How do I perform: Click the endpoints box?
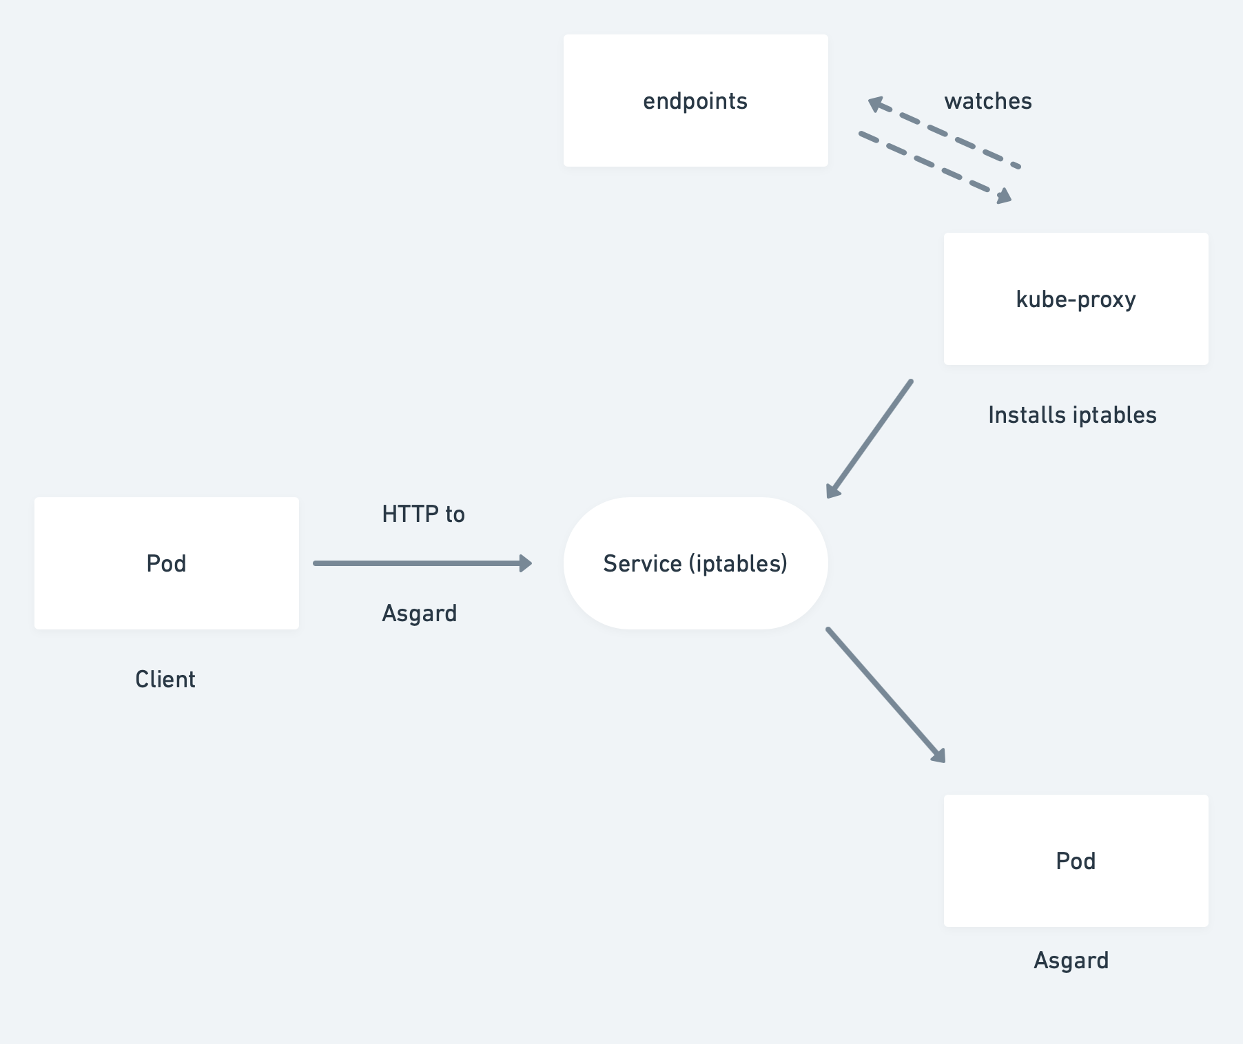[x=695, y=101]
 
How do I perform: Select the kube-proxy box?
[x=1076, y=299]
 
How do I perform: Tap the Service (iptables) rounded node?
[x=695, y=563]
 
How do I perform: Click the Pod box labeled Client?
[x=167, y=563]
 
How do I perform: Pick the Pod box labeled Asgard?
[x=1076, y=861]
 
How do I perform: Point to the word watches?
[x=987, y=101]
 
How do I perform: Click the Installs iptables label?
[x=1072, y=415]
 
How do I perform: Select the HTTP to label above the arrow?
[x=423, y=514]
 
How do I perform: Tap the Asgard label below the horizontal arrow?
[x=420, y=614]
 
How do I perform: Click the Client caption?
[x=165, y=680]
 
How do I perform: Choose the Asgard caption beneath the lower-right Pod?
[x=1071, y=961]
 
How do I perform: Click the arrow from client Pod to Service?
[x=420, y=563]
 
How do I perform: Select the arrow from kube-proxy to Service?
[x=870, y=438]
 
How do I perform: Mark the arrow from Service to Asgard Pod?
[x=885, y=695]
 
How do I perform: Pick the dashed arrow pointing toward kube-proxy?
[x=934, y=165]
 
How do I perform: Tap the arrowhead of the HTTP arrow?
[x=526, y=563]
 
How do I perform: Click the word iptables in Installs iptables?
[x=1114, y=415]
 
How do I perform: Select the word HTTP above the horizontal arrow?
[x=410, y=514]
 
